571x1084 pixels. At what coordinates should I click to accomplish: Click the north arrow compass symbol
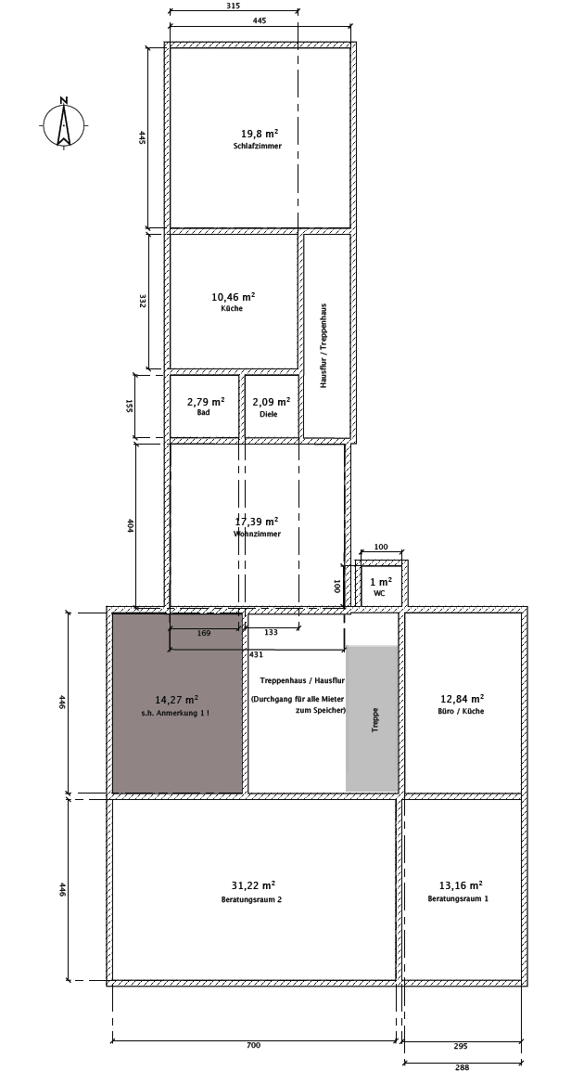64,124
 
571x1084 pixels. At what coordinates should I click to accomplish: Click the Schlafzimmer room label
258,146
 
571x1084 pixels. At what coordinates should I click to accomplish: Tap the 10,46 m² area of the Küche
234,297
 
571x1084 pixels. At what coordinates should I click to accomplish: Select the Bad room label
203,413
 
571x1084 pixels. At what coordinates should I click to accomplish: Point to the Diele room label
269,414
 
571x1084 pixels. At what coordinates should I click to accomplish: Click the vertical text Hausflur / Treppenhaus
324,345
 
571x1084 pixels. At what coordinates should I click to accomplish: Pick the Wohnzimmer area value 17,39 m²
257,522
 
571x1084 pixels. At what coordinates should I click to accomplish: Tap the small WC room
380,587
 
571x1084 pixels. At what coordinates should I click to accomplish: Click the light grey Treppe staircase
372,718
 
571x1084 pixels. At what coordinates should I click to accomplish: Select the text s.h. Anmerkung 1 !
176,713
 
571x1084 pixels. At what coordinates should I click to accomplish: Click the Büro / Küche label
462,711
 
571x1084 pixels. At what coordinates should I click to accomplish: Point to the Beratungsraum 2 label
251,899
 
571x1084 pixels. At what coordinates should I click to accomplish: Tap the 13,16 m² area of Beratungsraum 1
462,884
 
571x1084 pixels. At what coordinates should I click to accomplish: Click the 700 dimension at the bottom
253,1045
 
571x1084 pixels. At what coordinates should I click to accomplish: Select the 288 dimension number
462,1067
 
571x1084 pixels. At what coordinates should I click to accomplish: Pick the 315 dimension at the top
234,6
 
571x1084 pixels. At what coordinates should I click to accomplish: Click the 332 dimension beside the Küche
142,301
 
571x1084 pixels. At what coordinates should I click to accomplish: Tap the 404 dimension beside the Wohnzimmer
130,525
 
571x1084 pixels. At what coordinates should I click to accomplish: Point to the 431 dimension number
256,654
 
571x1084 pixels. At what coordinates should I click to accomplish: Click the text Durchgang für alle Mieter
298,699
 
